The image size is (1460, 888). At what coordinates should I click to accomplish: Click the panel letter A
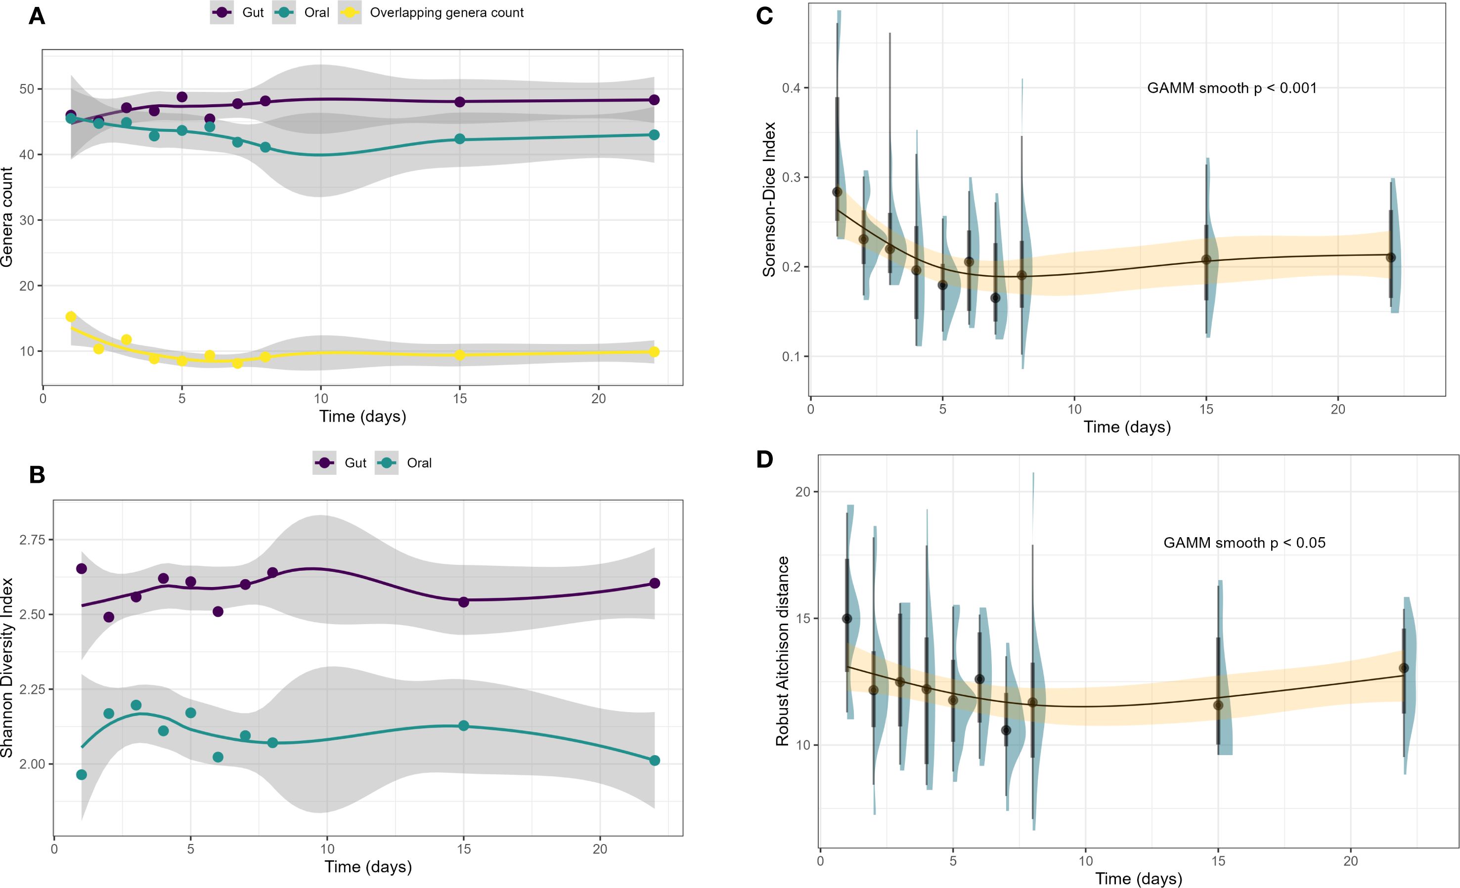[37, 16]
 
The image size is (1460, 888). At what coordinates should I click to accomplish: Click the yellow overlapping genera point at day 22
[654, 352]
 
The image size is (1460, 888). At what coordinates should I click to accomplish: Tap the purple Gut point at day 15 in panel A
[460, 102]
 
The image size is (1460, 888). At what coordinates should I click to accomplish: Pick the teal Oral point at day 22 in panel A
[654, 135]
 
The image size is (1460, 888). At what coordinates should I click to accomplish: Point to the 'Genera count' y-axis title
[7, 217]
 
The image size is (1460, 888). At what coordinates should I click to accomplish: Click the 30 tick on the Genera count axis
[27, 220]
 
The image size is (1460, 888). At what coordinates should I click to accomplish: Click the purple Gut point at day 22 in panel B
[654, 584]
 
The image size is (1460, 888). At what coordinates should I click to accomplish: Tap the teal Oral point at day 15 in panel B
[464, 726]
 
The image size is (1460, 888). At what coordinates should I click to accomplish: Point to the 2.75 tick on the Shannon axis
[32, 540]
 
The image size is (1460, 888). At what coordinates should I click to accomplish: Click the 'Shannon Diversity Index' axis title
[7, 668]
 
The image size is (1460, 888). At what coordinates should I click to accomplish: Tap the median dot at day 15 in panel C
[1206, 259]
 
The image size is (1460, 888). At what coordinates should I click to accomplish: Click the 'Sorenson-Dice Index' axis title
[769, 200]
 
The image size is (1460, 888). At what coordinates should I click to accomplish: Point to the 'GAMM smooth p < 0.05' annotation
[1244, 543]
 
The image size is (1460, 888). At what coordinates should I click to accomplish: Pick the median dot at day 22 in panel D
[1403, 668]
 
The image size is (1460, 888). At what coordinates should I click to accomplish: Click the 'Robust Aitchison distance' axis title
[783, 651]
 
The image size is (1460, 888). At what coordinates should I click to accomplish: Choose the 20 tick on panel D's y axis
[802, 492]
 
